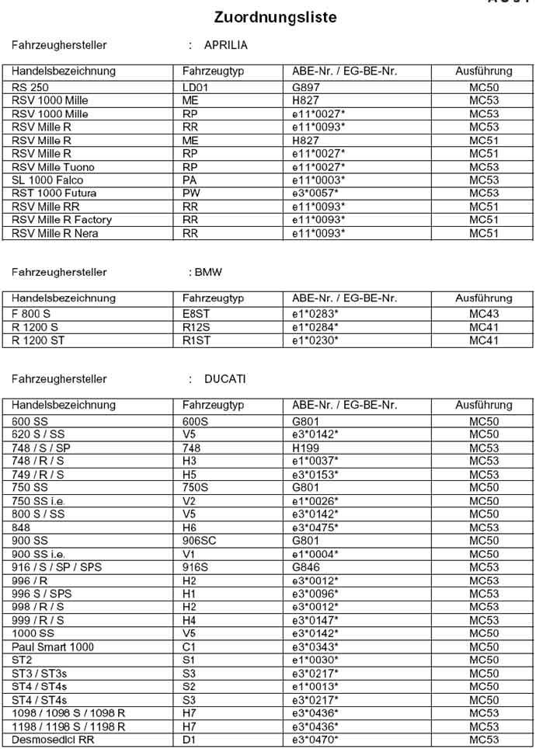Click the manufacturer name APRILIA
225,46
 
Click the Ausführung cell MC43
484,314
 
